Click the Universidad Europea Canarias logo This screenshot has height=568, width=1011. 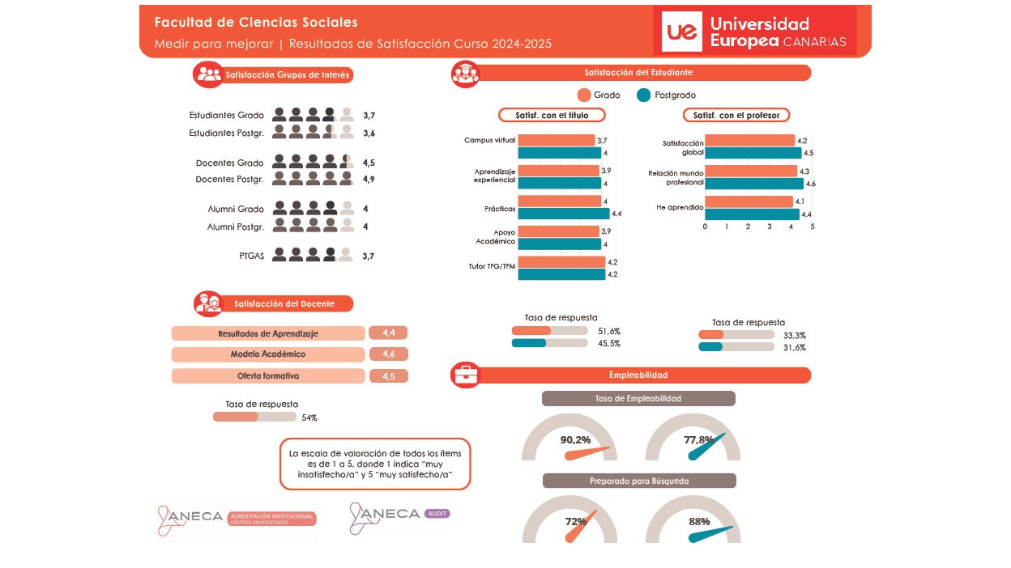point(754,32)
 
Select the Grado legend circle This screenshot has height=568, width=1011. point(584,95)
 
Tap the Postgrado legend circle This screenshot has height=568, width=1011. point(644,95)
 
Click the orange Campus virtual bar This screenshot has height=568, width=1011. point(556,141)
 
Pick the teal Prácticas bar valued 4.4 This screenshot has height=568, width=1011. point(563,214)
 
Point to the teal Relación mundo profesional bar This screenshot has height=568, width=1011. point(753,184)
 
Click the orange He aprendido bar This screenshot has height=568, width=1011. point(749,201)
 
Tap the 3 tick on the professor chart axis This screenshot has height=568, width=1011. point(770,227)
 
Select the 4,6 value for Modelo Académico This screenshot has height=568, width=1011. point(388,354)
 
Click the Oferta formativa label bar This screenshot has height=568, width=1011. point(268,376)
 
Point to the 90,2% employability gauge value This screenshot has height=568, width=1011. point(575,440)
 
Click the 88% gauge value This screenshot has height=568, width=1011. point(699,522)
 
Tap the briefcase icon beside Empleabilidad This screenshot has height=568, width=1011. point(465,375)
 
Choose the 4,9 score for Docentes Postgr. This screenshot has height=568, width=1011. point(369,179)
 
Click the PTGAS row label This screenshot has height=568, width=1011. point(252,256)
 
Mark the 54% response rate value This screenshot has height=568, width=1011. point(309,418)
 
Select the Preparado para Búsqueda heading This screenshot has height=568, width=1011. point(638,481)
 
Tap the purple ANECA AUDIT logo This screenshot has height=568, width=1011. point(399,516)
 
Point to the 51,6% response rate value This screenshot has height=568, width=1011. point(609,331)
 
